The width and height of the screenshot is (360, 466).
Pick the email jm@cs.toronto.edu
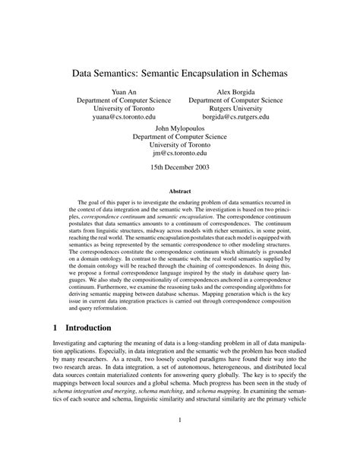pos(179,157)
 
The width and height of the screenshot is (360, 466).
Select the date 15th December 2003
pos(179,171)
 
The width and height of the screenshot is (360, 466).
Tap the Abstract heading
pos(179,194)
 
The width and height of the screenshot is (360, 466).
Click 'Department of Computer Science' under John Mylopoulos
pos(179,138)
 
